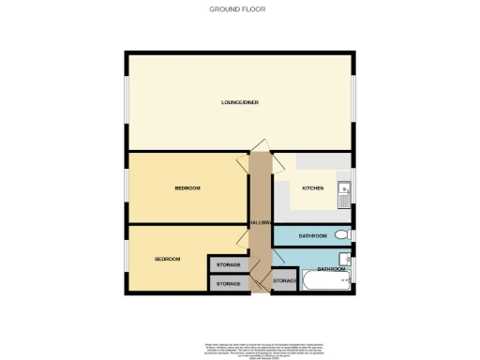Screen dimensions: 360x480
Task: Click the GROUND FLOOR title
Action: (239, 8)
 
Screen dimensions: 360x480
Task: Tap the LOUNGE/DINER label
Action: (239, 100)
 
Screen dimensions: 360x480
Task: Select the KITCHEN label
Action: (312, 188)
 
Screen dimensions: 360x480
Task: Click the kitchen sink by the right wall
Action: (344, 192)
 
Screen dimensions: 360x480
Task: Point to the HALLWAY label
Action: (260, 223)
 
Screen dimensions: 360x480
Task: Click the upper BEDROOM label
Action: (187, 188)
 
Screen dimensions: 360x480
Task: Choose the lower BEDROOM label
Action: (168, 259)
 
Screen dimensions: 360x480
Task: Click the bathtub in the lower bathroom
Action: (325, 281)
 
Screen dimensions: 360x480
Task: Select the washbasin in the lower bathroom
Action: (346, 259)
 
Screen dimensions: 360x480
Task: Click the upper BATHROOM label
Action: (312, 235)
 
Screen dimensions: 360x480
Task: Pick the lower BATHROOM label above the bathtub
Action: (330, 269)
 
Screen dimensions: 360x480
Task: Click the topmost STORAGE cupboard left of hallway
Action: (228, 266)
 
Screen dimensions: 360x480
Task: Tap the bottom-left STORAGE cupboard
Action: (228, 283)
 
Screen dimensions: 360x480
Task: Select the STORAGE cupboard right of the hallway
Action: (283, 280)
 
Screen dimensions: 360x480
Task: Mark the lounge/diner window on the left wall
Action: (127, 100)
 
